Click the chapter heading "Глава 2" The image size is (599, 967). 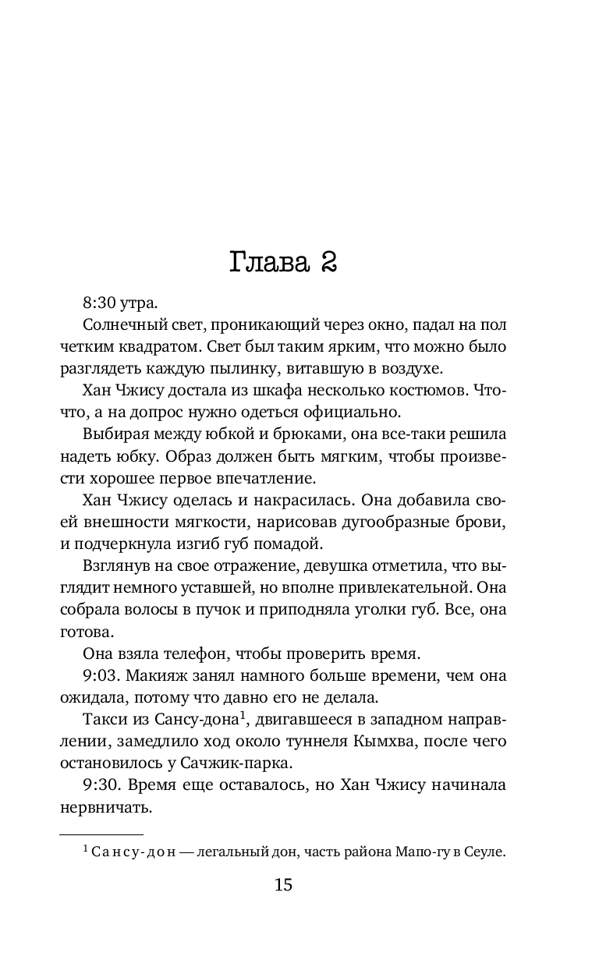pos(283,262)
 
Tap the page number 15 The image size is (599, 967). pos(283,884)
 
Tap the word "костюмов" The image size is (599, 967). pos(399,390)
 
